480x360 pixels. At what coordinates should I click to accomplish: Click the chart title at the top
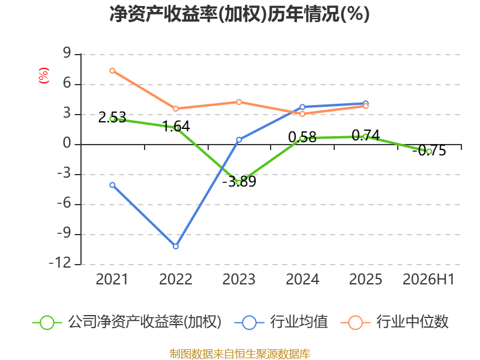pyautogui.click(x=239, y=14)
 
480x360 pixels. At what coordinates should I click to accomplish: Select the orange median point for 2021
pyautogui.click(x=112, y=71)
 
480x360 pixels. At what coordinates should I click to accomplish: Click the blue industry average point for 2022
pyautogui.click(x=176, y=246)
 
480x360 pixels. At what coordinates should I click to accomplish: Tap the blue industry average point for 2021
pyautogui.click(x=112, y=185)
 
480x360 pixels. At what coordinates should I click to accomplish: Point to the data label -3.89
pyautogui.click(x=239, y=181)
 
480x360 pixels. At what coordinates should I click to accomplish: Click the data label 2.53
pyautogui.click(x=112, y=117)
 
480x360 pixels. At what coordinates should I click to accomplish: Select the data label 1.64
pyautogui.click(x=176, y=126)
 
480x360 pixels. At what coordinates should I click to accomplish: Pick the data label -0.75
pyautogui.click(x=429, y=151)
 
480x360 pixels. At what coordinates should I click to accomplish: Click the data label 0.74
pyautogui.click(x=366, y=136)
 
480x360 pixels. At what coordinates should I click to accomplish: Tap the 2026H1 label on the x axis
pyautogui.click(x=428, y=280)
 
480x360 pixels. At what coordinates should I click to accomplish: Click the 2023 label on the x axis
pyautogui.click(x=239, y=280)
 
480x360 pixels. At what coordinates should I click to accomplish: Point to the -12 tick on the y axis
pyautogui.click(x=60, y=263)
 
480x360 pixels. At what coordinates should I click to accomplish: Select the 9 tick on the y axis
pyautogui.click(x=67, y=53)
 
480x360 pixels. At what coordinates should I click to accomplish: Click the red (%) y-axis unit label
pyautogui.click(x=43, y=76)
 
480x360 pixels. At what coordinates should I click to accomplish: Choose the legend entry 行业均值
pyautogui.click(x=281, y=322)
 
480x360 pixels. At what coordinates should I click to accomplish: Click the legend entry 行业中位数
pyautogui.click(x=395, y=322)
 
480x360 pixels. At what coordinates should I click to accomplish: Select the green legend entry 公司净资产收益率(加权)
pyautogui.click(x=127, y=322)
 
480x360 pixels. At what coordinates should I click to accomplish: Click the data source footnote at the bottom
pyautogui.click(x=240, y=353)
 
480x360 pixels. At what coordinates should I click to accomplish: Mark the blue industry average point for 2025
pyautogui.click(x=365, y=103)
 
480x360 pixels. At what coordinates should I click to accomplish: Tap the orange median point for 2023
pyautogui.click(x=239, y=102)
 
